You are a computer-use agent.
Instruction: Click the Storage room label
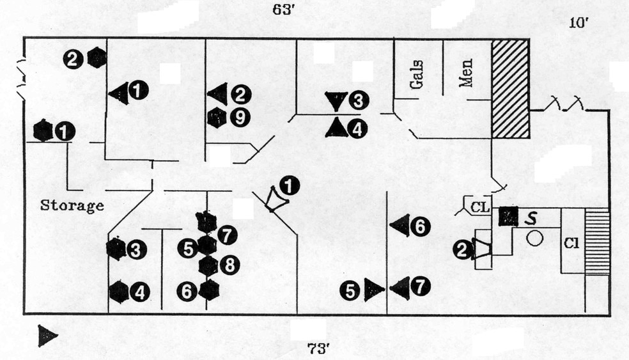click(x=72, y=206)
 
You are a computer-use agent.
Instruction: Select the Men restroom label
click(x=466, y=73)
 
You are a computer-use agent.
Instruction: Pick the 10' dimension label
click(x=579, y=24)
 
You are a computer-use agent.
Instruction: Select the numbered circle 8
click(x=229, y=265)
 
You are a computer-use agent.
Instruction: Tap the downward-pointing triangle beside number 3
click(x=335, y=100)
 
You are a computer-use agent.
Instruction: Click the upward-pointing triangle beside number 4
click(x=336, y=128)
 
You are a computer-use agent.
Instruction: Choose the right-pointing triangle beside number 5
click(x=373, y=290)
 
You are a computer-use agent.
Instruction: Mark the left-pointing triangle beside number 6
click(x=400, y=226)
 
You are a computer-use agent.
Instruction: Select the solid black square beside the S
click(x=509, y=217)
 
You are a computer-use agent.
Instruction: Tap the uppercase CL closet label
click(x=480, y=207)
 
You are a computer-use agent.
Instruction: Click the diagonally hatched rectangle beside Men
click(x=510, y=88)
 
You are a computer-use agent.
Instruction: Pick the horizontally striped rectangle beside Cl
click(x=597, y=241)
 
